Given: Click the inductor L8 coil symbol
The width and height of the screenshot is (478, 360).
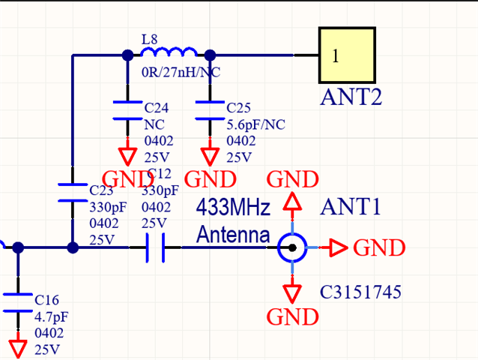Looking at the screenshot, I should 169,52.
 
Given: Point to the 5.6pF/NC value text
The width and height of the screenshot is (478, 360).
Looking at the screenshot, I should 256,124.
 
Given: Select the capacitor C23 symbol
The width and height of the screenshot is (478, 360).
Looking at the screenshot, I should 73,191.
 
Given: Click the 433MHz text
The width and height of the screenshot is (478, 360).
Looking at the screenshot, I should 232,207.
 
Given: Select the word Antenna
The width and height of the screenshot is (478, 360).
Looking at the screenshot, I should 232,235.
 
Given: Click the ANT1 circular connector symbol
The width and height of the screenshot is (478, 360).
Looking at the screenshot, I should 291,247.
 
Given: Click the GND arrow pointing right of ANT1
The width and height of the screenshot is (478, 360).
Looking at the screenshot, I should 338,247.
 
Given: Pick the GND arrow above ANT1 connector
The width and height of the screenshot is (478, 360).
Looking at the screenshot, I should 292,201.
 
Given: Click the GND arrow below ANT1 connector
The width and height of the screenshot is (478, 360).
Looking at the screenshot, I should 292,293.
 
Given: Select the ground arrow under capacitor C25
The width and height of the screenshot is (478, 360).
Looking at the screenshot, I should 210,156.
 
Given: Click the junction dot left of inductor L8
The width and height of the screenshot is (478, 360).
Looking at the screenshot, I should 127,54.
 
